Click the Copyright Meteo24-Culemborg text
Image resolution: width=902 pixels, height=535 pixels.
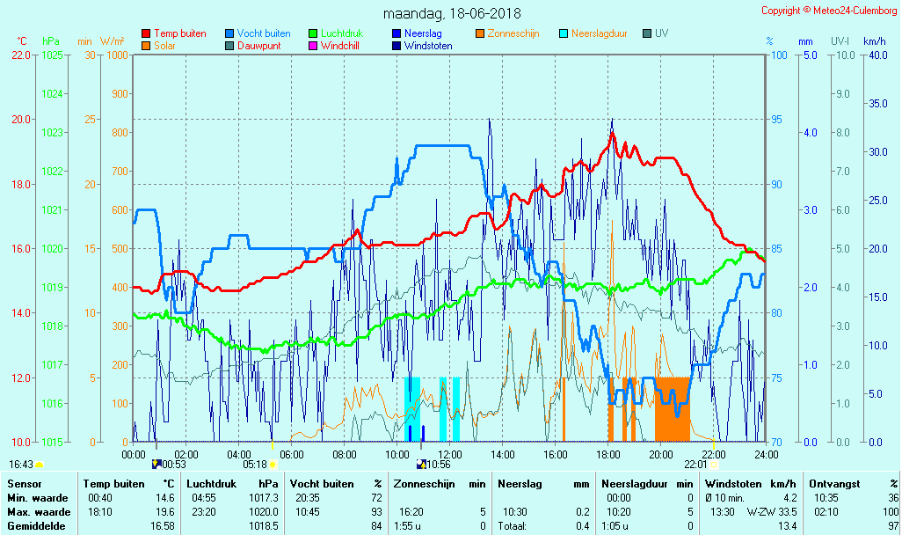click(x=829, y=11)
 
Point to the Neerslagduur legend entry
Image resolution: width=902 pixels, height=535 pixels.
click(x=599, y=33)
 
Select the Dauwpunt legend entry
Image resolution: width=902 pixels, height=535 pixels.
click(x=258, y=46)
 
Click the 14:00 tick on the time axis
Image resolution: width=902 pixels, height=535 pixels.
click(x=502, y=455)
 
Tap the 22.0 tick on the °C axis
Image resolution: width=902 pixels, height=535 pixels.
click(x=21, y=55)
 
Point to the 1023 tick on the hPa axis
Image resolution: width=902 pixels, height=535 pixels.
click(x=53, y=133)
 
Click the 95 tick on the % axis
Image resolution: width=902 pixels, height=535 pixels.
click(x=779, y=120)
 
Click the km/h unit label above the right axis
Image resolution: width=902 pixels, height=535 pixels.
click(x=874, y=41)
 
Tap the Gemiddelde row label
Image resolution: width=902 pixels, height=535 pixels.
click(x=37, y=525)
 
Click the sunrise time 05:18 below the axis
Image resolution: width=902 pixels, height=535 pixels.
click(x=254, y=464)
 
